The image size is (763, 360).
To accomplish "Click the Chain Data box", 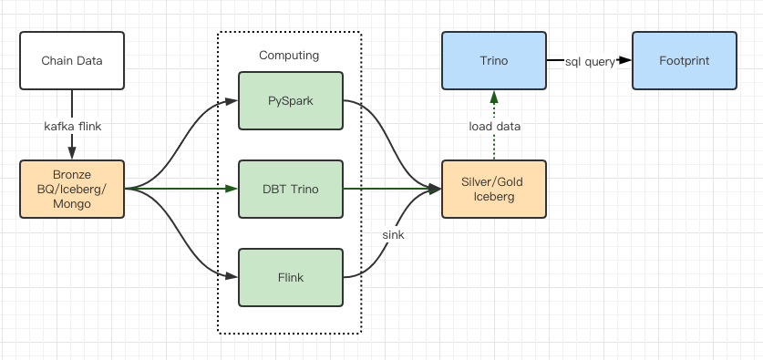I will (71, 61).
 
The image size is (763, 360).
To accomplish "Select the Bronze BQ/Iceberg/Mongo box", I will (71, 190).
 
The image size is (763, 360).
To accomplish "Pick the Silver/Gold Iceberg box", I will (493, 190).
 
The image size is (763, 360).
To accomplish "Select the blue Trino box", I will (493, 61).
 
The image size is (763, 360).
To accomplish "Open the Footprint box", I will (684, 61).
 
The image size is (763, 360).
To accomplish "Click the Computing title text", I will (289, 55).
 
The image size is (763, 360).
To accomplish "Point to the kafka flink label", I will (71, 126).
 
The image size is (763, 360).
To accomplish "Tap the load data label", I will (495, 126).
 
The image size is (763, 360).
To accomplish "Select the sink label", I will (394, 234).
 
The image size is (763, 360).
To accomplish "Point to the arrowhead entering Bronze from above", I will (71, 154).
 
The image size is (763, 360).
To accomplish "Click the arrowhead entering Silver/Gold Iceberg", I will (435, 190).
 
